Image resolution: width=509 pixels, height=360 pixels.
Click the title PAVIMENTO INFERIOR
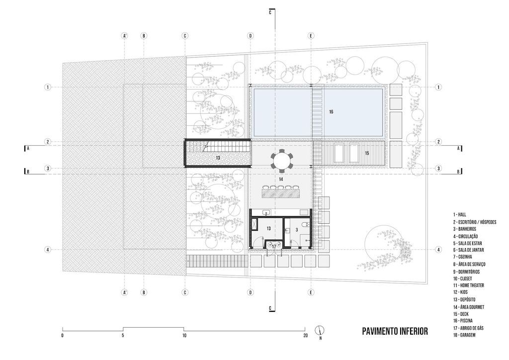click(394, 331)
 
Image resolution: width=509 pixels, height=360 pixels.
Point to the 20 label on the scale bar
click(305, 336)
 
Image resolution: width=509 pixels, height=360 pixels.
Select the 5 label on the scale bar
click(123, 336)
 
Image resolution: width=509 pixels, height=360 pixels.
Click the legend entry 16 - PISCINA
click(467, 321)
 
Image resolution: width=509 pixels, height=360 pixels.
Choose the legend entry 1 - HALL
click(459, 214)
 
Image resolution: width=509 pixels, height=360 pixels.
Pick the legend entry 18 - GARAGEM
click(468, 336)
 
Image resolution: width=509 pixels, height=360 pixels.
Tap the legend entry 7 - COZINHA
click(466, 257)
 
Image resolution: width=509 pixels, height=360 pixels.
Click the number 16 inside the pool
click(331, 112)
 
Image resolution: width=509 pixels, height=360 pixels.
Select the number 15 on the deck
click(367, 153)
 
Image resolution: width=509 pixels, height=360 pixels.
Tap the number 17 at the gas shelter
click(273, 247)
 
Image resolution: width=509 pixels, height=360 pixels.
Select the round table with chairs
click(282, 160)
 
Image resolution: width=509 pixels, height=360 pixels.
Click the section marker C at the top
click(270, 13)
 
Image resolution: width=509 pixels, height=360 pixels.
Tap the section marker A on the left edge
click(28, 148)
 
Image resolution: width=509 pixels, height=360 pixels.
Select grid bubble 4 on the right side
click(438, 250)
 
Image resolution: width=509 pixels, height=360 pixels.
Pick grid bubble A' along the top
click(125, 36)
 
